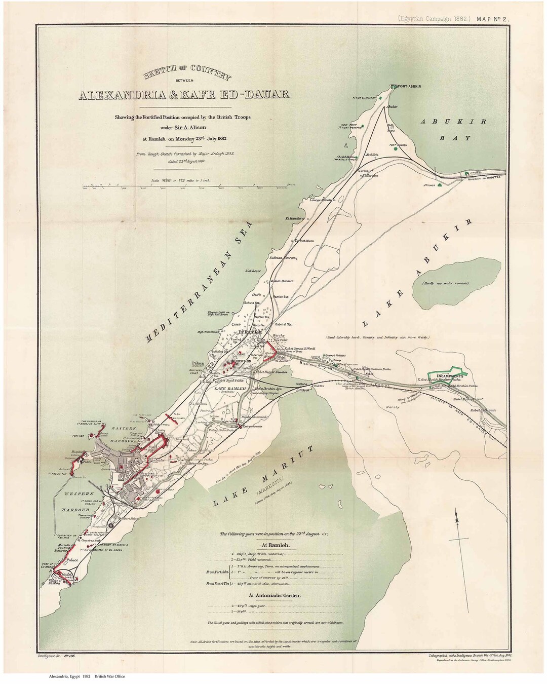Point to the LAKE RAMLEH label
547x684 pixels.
click(x=230, y=388)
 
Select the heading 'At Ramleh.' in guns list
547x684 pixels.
click(x=275, y=545)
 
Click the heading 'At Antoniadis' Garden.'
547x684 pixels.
click(x=275, y=596)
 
